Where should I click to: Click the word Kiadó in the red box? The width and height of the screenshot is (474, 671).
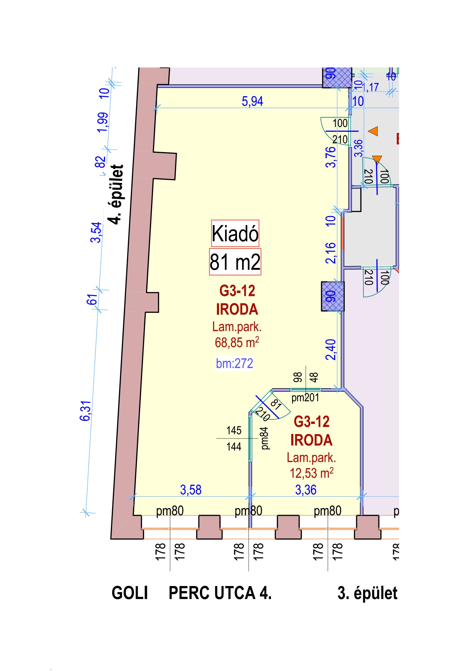tap(235, 233)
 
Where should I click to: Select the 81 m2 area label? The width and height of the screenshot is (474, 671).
tap(235, 262)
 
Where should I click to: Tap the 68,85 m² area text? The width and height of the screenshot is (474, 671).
tap(237, 343)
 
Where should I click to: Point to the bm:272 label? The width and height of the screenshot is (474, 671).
tap(234, 363)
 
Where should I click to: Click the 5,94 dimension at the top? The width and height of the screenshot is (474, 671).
tap(252, 101)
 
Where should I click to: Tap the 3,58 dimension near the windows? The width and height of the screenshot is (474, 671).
tap(191, 490)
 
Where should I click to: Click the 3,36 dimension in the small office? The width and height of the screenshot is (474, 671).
tap(306, 490)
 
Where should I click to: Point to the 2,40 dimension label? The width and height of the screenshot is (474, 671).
tap(331, 350)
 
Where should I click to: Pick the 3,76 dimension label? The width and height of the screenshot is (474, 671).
tap(331, 157)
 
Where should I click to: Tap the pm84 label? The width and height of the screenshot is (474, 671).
tap(264, 438)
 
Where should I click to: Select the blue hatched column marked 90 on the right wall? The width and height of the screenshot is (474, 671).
tap(333, 296)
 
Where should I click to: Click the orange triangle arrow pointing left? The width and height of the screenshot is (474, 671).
tap(373, 131)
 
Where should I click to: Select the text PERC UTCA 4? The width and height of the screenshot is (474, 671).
tap(220, 593)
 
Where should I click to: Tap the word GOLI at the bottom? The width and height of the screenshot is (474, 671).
tap(130, 593)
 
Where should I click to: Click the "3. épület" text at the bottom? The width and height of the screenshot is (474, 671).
tap(367, 593)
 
